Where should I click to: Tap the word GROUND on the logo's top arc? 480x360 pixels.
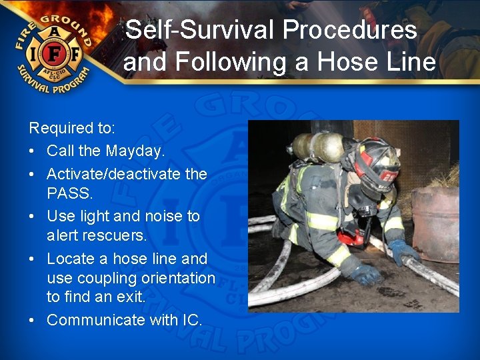(x=67, y=20)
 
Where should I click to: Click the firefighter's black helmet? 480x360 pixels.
(x=377, y=160)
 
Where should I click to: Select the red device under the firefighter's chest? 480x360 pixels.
(x=351, y=235)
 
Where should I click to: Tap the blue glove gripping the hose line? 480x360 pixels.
(x=405, y=251)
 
